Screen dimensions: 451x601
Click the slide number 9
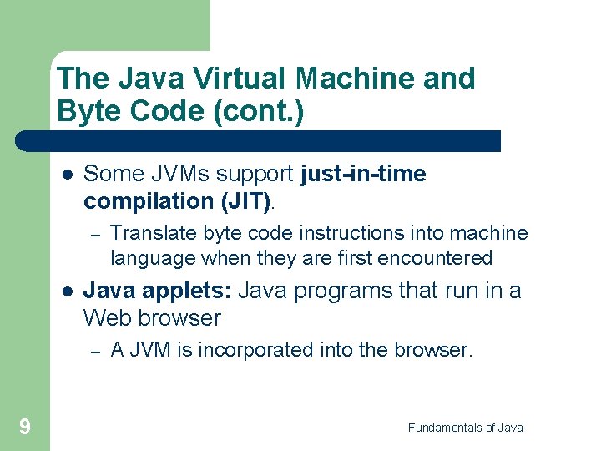pyautogui.click(x=25, y=428)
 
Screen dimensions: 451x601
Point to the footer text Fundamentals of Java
pyautogui.click(x=465, y=428)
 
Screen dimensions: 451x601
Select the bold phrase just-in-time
pyautogui.click(x=363, y=174)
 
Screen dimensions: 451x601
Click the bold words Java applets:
pyautogui.click(x=159, y=291)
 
